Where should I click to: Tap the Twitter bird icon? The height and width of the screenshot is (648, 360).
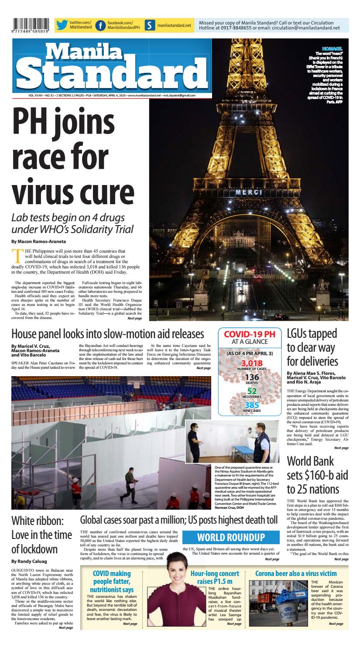pyautogui.click(x=62, y=25)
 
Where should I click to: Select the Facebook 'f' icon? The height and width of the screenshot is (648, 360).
pyautogui.click(x=100, y=26)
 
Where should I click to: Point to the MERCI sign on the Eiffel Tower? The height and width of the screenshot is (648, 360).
pyautogui.click(x=249, y=192)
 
